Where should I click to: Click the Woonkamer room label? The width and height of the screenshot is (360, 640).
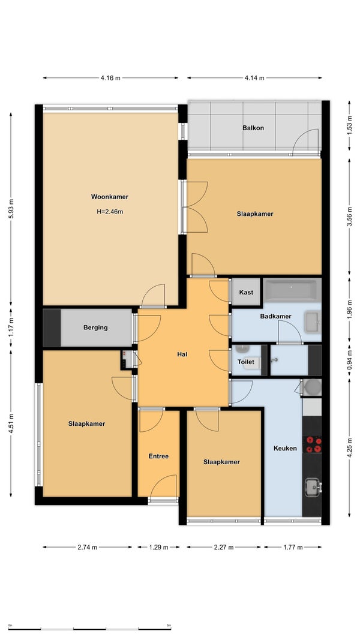(109, 197)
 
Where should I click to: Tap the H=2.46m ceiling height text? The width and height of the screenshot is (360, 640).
(110, 212)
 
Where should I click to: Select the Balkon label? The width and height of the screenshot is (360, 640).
(253, 128)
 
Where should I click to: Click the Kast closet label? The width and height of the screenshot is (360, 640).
(246, 292)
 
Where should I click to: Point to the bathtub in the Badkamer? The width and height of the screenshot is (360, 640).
(292, 290)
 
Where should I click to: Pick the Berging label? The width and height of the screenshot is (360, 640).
(95, 327)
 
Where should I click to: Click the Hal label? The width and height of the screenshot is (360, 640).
(182, 354)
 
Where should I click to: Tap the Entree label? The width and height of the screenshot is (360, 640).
(158, 456)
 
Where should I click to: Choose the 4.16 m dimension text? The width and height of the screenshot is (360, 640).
(110, 78)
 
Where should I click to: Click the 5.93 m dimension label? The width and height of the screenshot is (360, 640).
(11, 209)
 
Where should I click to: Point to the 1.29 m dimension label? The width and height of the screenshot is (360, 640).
(158, 548)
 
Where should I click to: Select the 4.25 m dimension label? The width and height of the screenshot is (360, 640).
(349, 447)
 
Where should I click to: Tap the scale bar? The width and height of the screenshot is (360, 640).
(89, 629)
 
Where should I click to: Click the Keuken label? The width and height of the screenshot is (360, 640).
(285, 448)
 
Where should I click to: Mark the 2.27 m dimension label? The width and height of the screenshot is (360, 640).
(224, 548)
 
